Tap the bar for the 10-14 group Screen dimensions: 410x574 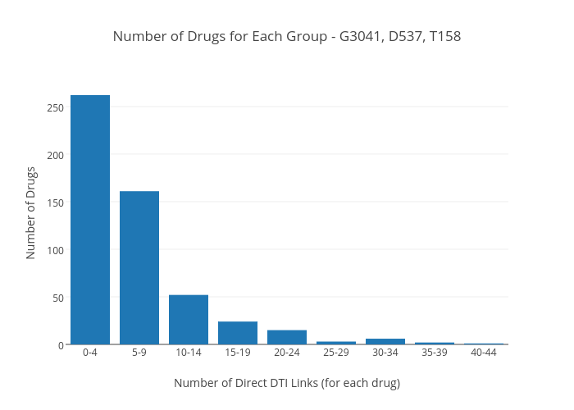pyautogui.click(x=189, y=319)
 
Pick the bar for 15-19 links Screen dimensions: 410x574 pyautogui.click(x=238, y=333)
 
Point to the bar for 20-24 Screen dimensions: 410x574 pyautogui.click(x=287, y=337)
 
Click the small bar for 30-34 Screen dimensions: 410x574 pyautogui.click(x=385, y=341)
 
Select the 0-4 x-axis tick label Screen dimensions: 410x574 pyautogui.click(x=90, y=353)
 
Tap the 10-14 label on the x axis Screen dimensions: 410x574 pyautogui.click(x=189, y=353)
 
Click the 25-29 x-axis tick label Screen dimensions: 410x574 pyautogui.click(x=336, y=353)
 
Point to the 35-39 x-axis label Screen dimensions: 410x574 pyautogui.click(x=435, y=353)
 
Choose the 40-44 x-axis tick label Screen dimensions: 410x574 pyautogui.click(x=484, y=353)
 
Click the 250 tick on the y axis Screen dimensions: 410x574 pyautogui.click(x=55, y=107)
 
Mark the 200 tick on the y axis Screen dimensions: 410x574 pyautogui.click(x=55, y=155)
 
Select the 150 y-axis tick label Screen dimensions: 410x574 pyautogui.click(x=55, y=203)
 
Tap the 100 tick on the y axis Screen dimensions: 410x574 pyautogui.click(x=55, y=250)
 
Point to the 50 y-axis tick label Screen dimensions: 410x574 pyautogui.click(x=57, y=298)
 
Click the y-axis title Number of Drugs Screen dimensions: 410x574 pyautogui.click(x=31, y=213)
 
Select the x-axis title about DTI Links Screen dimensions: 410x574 pyautogui.click(x=287, y=383)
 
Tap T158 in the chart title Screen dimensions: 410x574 pyautogui.click(x=445, y=36)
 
